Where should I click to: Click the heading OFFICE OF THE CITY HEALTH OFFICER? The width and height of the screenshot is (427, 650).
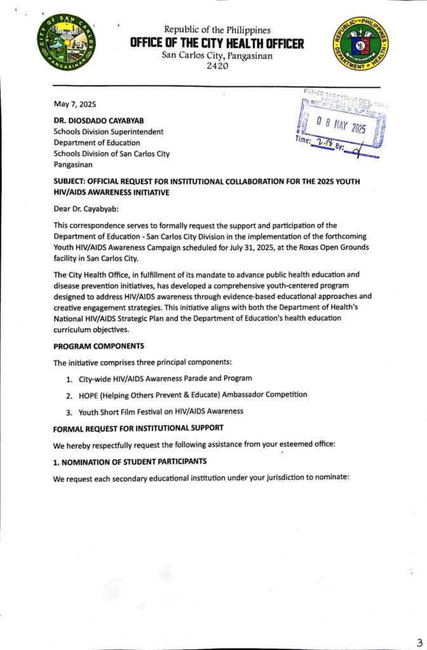point(217,43)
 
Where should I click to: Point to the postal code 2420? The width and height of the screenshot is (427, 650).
point(217,67)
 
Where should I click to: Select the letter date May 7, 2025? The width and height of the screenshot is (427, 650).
point(74,104)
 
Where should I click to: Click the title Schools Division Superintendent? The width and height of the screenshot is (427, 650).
point(108,131)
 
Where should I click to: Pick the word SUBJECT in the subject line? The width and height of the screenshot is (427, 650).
point(74,181)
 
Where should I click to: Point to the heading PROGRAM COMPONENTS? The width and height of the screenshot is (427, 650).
point(98,346)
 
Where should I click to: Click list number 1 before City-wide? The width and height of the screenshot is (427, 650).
point(68,378)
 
